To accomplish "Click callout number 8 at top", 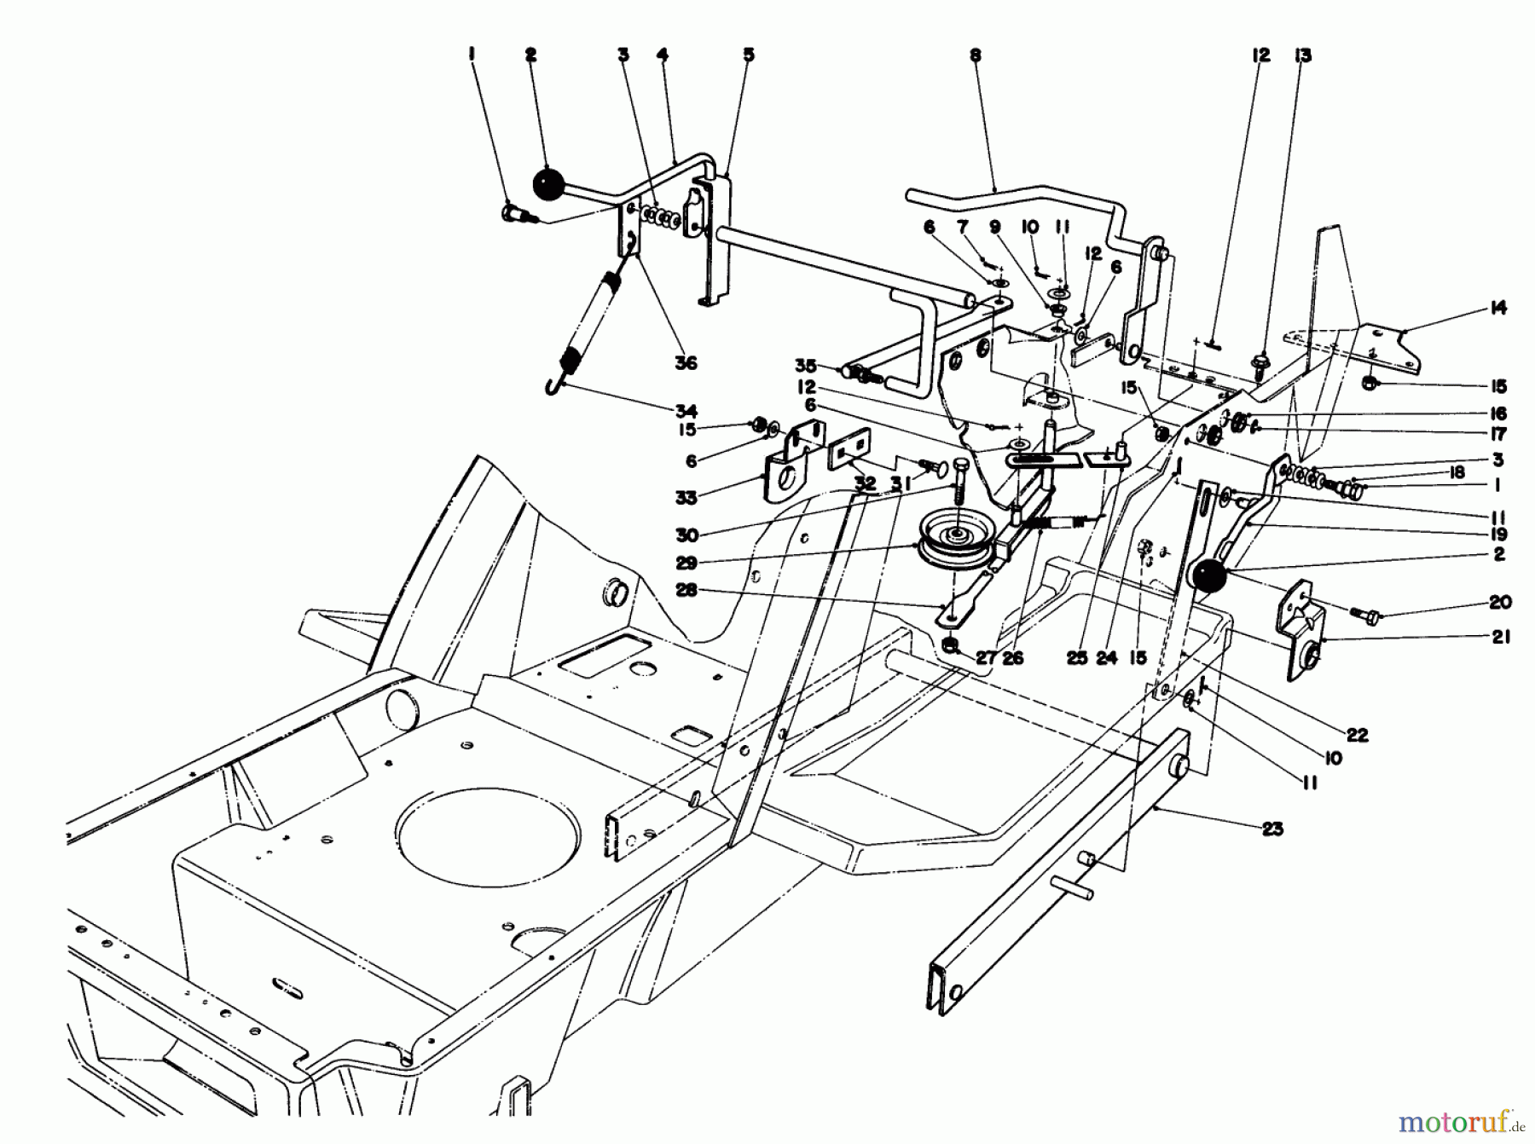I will point(975,55).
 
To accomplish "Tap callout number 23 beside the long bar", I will point(1271,829).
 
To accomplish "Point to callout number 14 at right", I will point(1498,309).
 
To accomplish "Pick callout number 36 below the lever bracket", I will point(685,362).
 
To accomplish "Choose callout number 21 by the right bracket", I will point(1500,637).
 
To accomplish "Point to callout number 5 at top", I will point(748,55).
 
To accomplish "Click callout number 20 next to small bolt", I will point(1500,602).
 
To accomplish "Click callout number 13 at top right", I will point(1302,55).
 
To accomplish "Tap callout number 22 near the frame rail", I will point(1357,734).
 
